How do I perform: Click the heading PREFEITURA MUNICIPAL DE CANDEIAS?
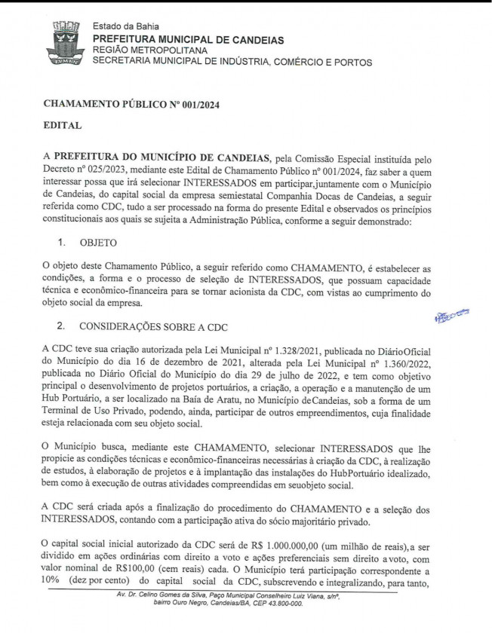(188, 39)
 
